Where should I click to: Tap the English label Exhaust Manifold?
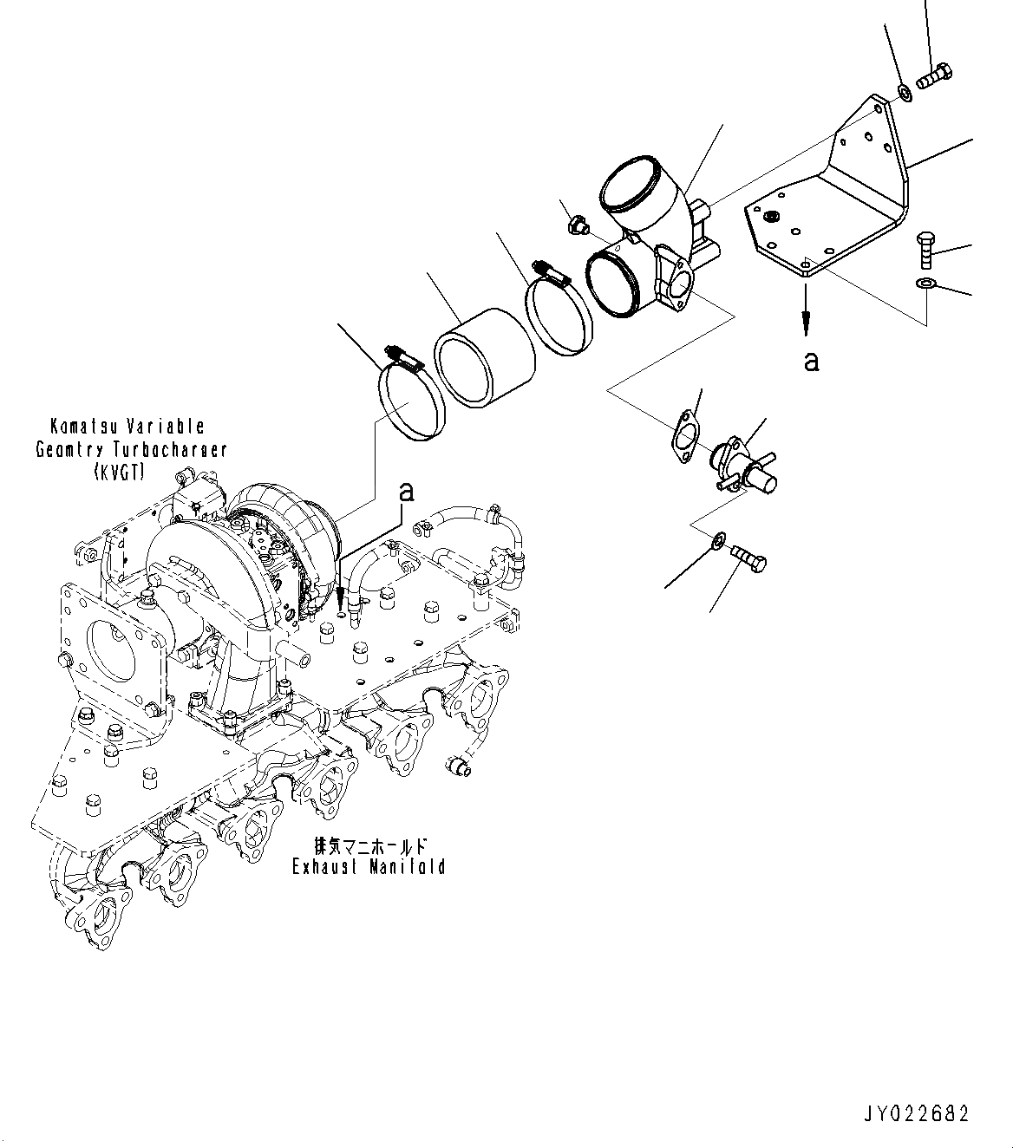369,866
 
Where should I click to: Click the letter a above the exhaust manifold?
405,492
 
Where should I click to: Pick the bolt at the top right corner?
935,77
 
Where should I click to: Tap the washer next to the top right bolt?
903,92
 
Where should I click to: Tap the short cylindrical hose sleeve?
483,357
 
